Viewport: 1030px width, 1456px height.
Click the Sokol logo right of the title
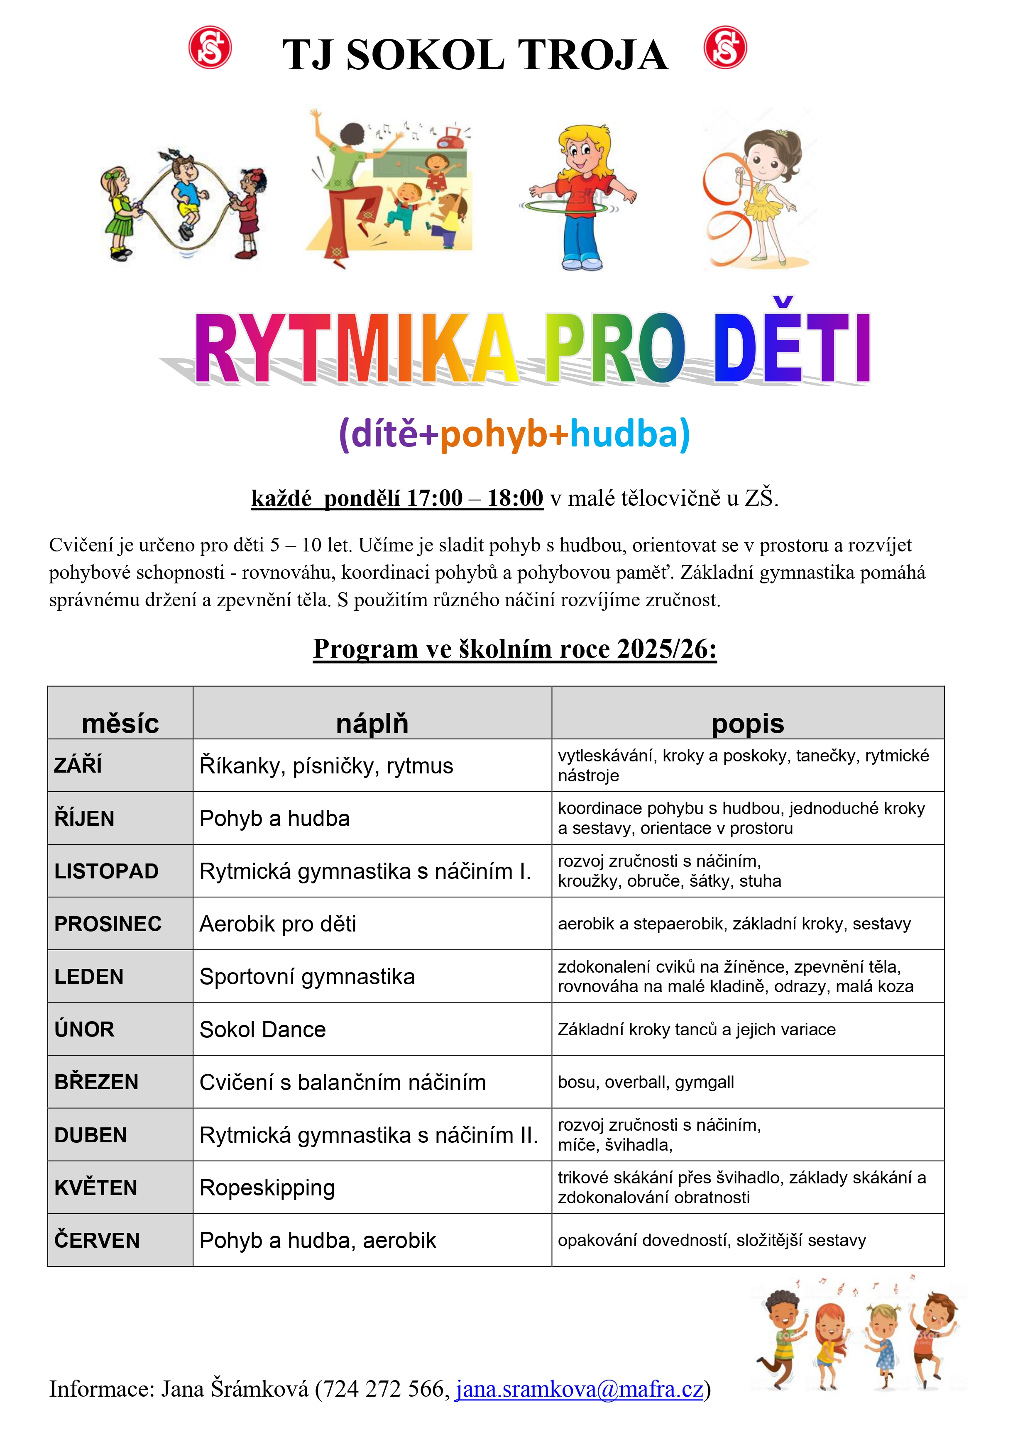click(x=725, y=48)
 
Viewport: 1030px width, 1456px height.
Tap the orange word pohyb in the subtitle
click(x=493, y=435)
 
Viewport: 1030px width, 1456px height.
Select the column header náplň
click(x=372, y=723)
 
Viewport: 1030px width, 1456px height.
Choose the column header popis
click(x=748, y=723)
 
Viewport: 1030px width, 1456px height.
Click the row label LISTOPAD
click(x=106, y=871)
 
